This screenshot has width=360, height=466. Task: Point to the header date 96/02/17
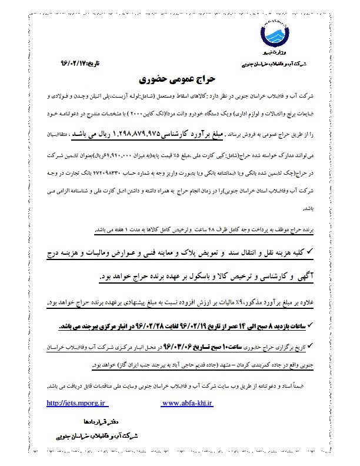(68, 62)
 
